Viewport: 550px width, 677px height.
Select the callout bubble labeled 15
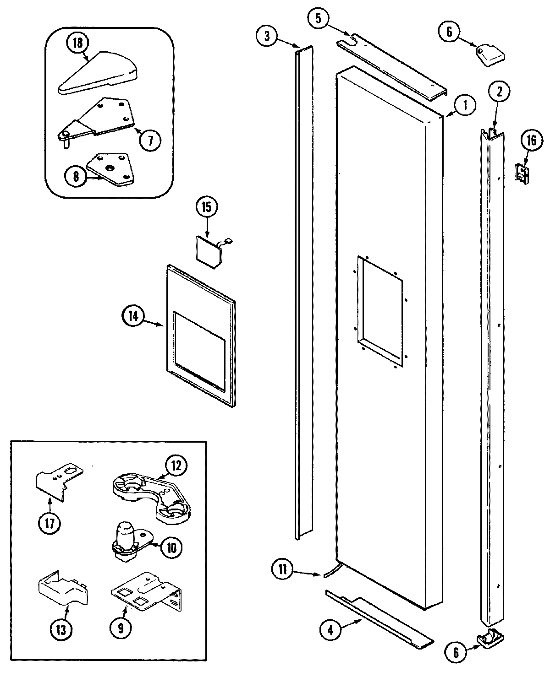coord(206,207)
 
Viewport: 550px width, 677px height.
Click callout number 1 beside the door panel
coord(465,105)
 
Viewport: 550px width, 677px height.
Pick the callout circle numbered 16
coord(531,140)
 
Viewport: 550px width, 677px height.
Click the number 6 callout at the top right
coord(449,32)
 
